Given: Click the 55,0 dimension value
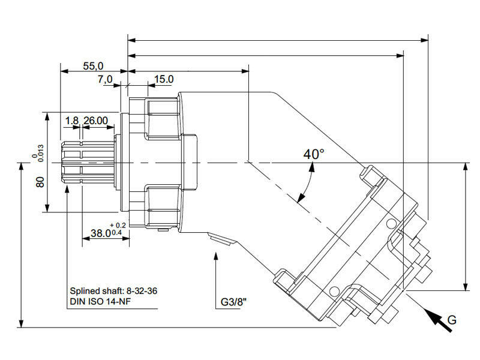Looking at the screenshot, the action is click(x=93, y=66).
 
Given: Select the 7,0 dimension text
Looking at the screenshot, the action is click(x=105, y=79).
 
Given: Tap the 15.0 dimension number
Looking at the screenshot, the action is click(x=164, y=79).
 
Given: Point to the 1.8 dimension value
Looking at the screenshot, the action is click(x=72, y=121).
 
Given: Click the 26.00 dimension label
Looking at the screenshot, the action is click(x=95, y=121).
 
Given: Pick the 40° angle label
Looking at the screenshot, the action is click(x=314, y=154).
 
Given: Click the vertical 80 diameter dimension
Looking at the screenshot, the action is click(x=40, y=182).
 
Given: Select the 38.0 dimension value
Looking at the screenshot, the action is click(x=101, y=233).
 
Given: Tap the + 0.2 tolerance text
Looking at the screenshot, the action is click(x=118, y=226).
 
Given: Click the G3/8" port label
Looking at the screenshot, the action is click(x=233, y=302).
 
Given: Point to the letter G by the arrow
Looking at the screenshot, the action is click(x=452, y=320).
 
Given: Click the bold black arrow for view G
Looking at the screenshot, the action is click(x=437, y=320).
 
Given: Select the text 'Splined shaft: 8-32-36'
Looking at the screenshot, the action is click(x=113, y=291).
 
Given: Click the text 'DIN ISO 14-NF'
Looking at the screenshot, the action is click(x=100, y=302).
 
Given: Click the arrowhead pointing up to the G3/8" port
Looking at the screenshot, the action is click(x=216, y=256).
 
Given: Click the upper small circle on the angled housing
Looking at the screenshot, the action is click(x=391, y=224).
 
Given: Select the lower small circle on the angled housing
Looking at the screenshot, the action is click(x=334, y=291).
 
